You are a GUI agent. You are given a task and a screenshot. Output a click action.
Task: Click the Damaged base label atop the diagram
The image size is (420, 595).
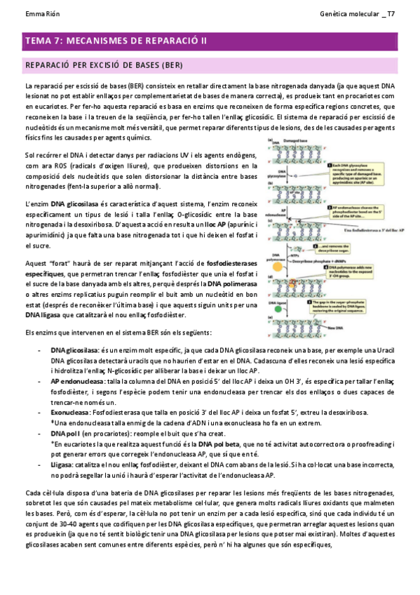(294, 142)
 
